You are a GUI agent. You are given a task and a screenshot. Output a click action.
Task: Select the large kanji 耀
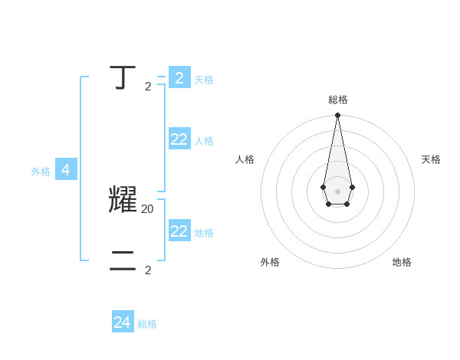tap(123, 199)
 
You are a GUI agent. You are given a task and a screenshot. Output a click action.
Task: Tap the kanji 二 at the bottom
tap(123, 261)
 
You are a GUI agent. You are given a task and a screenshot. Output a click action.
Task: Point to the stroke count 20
tap(148, 208)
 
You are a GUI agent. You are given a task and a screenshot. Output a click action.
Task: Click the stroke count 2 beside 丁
tap(148, 87)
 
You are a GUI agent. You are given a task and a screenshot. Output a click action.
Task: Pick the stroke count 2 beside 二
tap(148, 270)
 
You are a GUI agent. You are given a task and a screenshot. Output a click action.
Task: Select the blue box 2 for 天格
tap(179, 78)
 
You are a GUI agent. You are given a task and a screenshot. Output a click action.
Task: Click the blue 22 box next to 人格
tap(179, 139)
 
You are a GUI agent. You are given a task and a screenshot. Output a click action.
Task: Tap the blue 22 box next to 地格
tap(179, 231)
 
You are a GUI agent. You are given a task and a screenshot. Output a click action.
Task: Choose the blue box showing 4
tap(66, 170)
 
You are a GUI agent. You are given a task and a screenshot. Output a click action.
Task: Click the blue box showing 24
tap(123, 322)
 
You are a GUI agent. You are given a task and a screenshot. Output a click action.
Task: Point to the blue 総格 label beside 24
tap(147, 324)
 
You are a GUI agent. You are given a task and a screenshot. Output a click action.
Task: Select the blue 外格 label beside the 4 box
tap(41, 172)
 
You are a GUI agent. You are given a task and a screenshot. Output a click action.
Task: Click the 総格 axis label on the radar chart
tap(338, 100)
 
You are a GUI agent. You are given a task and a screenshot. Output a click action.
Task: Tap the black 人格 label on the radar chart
tap(245, 159)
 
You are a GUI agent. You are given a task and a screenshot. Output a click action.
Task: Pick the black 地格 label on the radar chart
tap(402, 262)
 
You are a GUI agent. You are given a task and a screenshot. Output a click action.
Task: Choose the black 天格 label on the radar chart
tap(431, 159)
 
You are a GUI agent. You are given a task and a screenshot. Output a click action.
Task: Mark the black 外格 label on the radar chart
tap(270, 262)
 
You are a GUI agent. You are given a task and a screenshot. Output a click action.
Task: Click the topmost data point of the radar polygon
tap(337, 115)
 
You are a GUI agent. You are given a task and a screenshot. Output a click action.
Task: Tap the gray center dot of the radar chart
tap(337, 191)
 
